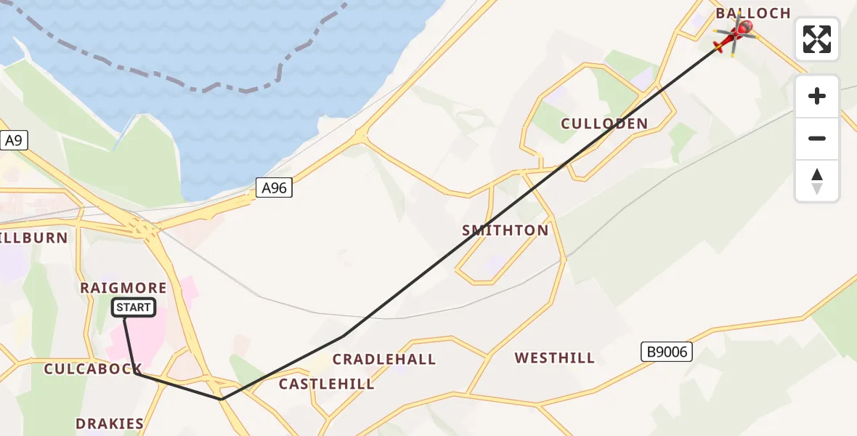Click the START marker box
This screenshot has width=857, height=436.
click(134, 308)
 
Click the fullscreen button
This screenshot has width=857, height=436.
click(817, 39)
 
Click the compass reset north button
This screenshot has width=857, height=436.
click(817, 181)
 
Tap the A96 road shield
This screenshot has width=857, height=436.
click(275, 189)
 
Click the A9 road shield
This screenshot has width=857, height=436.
click(13, 140)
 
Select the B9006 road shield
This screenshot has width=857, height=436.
click(666, 352)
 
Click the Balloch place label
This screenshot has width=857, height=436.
click(753, 13)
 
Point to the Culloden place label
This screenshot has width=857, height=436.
click(604, 124)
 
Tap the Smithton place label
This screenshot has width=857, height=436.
click(505, 230)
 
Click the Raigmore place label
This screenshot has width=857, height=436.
click(123, 288)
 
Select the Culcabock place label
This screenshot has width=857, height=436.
click(93, 369)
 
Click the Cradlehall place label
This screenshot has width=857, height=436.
click(384, 360)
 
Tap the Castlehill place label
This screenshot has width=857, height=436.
click(327, 384)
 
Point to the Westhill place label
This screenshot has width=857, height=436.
click(555, 358)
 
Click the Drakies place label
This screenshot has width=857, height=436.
click(110, 424)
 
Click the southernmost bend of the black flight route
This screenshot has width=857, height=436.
click(222, 399)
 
